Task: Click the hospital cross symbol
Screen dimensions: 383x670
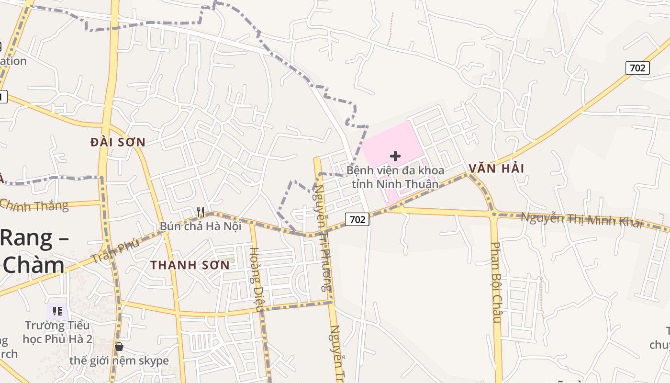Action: click(395, 156)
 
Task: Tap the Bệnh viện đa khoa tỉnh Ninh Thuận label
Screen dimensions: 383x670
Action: click(395, 177)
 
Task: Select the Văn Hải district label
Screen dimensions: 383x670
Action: click(496, 169)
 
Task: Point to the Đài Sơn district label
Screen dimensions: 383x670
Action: click(118, 142)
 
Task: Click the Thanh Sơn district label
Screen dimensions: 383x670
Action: click(190, 265)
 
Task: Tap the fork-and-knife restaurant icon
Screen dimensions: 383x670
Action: click(201, 212)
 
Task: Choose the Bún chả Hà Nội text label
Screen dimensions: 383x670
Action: click(201, 226)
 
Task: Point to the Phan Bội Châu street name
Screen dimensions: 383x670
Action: click(496, 282)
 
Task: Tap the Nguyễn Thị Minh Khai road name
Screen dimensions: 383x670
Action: click(581, 220)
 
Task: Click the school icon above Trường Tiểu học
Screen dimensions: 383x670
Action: click(57, 312)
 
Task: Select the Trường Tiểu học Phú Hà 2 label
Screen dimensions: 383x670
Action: click(57, 332)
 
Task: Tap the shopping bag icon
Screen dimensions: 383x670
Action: click(119, 347)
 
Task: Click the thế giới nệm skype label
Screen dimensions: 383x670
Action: click(119, 360)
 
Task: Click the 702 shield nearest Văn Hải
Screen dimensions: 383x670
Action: click(637, 68)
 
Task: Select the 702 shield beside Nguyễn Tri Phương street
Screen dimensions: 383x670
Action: click(357, 219)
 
